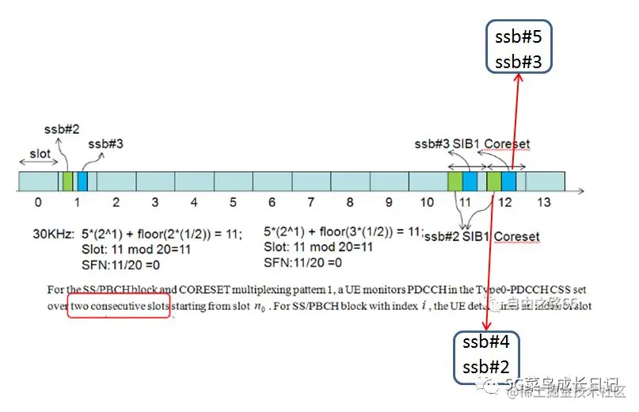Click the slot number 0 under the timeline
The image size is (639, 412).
pos(38,203)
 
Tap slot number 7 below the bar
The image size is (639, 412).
pos(310,203)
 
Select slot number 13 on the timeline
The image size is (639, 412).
pos(543,203)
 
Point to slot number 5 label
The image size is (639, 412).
pos(233,203)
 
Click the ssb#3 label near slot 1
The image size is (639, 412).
pos(105,143)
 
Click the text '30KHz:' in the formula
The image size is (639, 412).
pos(53,233)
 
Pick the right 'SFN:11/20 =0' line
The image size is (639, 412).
pos(302,262)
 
